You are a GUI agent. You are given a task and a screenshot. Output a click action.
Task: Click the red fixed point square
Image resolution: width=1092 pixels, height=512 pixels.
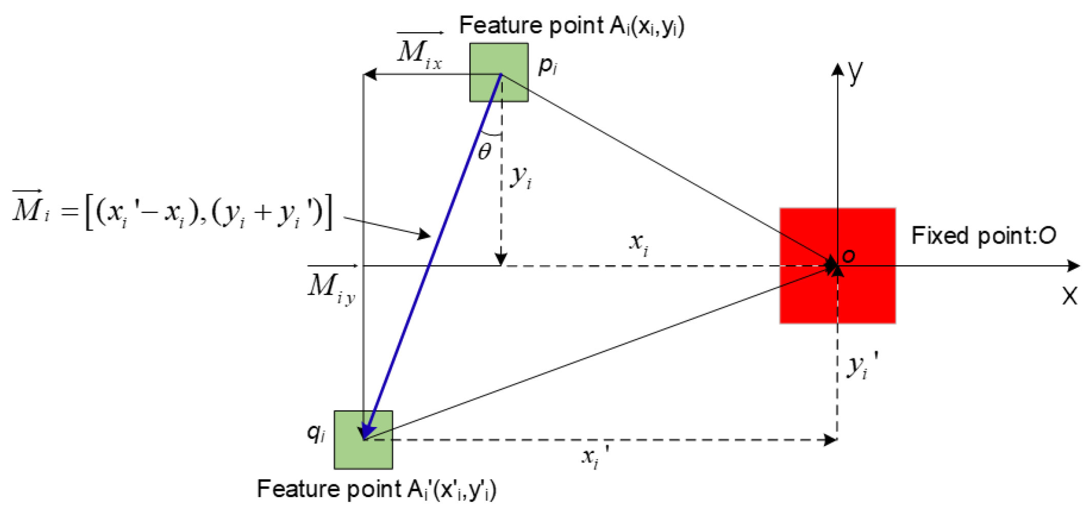(x=810, y=297)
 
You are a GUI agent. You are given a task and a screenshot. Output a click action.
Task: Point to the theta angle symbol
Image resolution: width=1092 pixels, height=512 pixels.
(x=484, y=152)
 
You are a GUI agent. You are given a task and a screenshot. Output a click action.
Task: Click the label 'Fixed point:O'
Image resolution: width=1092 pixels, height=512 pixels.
(x=983, y=236)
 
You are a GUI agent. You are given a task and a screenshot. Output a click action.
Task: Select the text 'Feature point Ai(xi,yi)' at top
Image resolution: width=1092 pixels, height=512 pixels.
(x=571, y=26)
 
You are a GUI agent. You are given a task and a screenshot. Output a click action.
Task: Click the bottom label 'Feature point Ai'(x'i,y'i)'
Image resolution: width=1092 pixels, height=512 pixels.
(x=376, y=489)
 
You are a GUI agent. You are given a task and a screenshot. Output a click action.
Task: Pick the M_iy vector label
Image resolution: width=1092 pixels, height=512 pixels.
(x=331, y=287)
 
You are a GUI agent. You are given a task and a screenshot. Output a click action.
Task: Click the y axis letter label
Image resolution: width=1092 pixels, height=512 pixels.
(x=855, y=72)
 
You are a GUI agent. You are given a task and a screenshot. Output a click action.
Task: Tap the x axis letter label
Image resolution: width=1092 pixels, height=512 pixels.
(x=1069, y=296)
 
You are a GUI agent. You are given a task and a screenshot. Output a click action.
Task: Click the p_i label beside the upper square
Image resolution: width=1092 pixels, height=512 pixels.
(x=547, y=66)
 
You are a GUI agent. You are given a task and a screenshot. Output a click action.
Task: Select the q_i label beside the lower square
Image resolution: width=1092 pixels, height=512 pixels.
(x=316, y=433)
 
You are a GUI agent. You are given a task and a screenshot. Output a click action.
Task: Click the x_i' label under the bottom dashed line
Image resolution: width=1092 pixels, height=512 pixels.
(x=594, y=456)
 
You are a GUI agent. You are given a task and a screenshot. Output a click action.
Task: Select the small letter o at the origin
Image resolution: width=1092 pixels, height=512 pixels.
(x=848, y=255)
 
